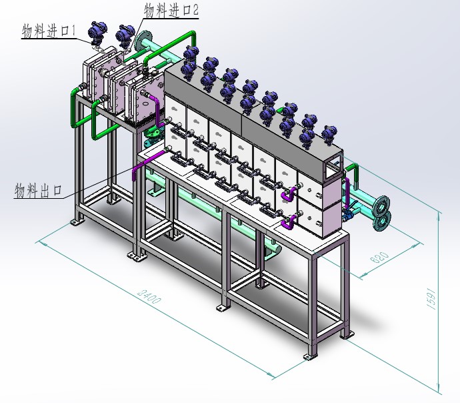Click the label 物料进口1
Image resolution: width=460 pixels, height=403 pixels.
click(x=49, y=31)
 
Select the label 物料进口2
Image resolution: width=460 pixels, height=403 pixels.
click(x=171, y=11)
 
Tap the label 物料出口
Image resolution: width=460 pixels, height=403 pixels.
click(x=38, y=191)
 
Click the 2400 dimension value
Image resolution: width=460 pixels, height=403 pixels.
click(x=149, y=296)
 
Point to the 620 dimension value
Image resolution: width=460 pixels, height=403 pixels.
click(x=379, y=257)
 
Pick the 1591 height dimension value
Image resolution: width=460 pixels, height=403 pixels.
click(x=431, y=298)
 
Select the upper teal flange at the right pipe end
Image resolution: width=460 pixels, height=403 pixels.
click(x=381, y=206)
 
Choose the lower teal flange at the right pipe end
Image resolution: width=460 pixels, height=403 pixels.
click(x=382, y=221)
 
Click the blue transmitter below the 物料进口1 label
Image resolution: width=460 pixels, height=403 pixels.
click(x=97, y=32)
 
